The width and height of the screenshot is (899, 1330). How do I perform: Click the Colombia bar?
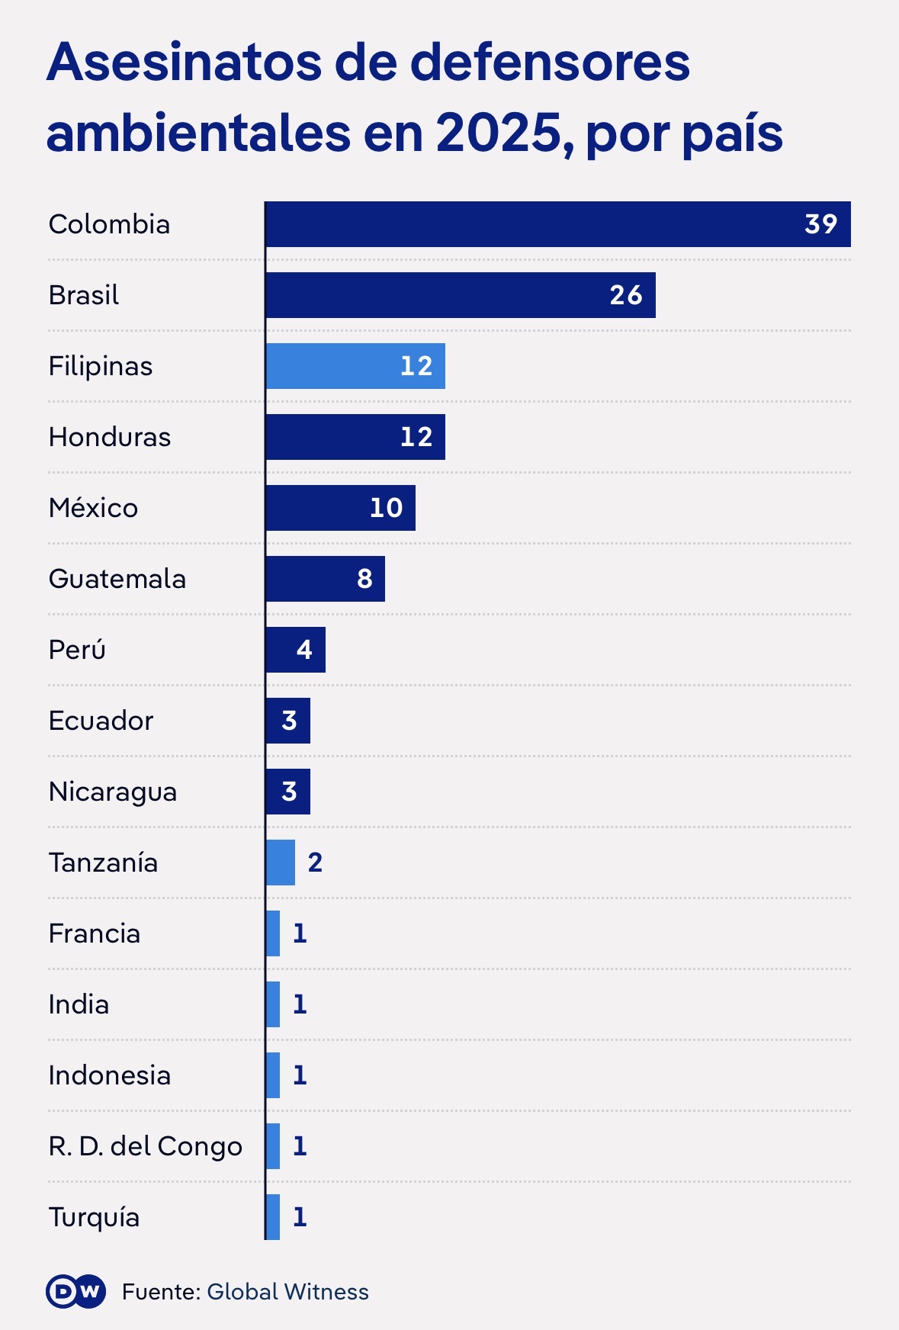pos(558,224)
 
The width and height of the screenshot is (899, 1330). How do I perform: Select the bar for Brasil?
pos(461,295)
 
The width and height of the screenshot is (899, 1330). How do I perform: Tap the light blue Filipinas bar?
pos(355,366)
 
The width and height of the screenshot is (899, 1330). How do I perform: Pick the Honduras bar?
pos(355,437)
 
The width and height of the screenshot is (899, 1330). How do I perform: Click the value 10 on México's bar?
pos(386,508)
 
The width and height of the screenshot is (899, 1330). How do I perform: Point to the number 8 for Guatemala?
pos(364,579)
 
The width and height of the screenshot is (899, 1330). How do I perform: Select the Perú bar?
pos(296,650)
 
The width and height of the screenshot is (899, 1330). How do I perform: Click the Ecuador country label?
pos(101,721)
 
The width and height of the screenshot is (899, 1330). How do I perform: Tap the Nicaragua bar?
pos(288,792)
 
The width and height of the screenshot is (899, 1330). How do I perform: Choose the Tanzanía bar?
pos(281,863)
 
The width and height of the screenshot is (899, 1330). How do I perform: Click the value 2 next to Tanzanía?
pos(315,863)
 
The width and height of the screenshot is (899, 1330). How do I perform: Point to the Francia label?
pos(95,933)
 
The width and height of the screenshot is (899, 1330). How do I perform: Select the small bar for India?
pos(273,1004)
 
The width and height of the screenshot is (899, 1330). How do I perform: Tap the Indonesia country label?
pos(110,1075)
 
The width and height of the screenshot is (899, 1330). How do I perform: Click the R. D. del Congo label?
pos(146,1146)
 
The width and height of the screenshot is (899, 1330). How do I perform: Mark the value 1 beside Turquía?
pos(300,1217)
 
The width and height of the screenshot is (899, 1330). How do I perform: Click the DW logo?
pos(76,1291)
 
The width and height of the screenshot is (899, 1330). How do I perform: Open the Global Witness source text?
pos(287,1291)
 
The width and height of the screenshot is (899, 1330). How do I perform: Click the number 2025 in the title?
pos(498,133)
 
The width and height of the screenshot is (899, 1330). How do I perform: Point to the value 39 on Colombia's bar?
pos(821,224)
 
